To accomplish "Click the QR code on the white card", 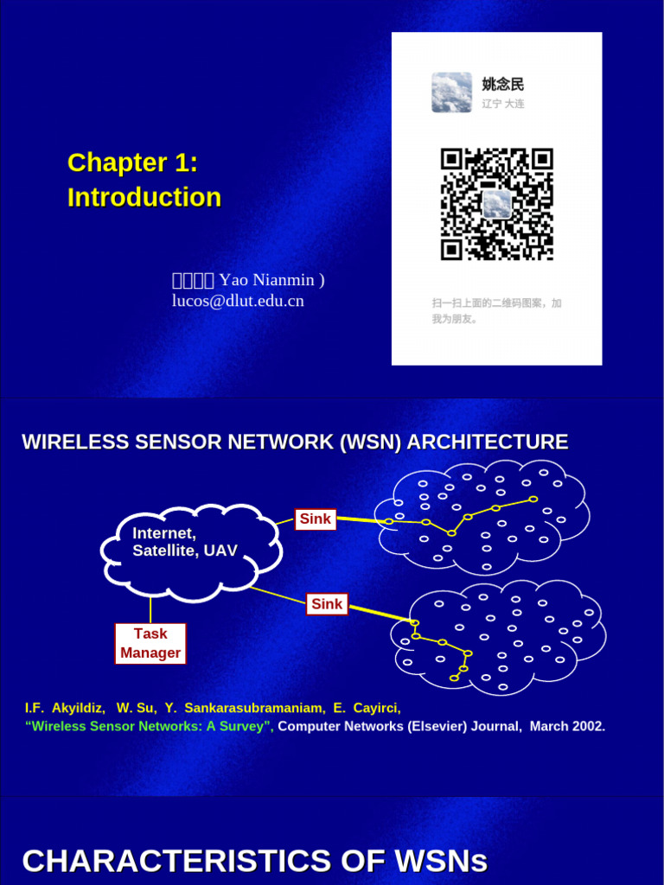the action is pos(496,204).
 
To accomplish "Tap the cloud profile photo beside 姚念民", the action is pos(451,92).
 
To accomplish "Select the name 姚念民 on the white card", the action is pos(502,85).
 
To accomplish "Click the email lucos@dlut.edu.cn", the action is pos(238,302).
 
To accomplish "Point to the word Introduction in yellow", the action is pos(144,197).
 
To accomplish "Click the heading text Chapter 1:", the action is pos(132,162).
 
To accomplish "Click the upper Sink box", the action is pos(315,519).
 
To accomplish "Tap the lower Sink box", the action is pos(327,604).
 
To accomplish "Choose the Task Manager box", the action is pos(150,644).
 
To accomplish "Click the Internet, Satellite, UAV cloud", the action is pos(186,544).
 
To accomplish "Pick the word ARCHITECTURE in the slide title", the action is pos(488,442).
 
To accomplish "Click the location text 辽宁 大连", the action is pos(503,104).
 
